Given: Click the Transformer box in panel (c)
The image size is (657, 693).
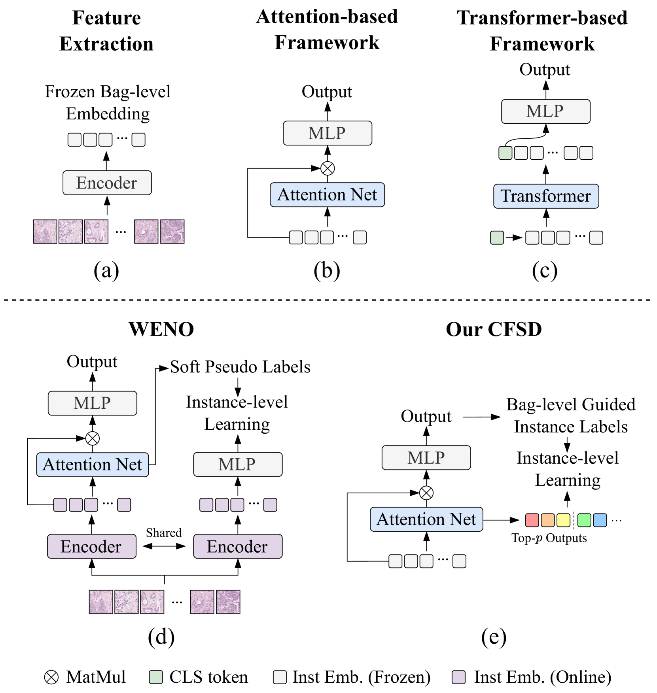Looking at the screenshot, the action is (546, 196).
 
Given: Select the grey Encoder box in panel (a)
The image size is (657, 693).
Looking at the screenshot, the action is (107, 183).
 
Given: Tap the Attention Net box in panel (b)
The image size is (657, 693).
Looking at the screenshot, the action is (327, 194).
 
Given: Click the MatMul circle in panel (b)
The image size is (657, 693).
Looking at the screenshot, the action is (328, 168).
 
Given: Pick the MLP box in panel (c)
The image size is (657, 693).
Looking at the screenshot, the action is (545, 111).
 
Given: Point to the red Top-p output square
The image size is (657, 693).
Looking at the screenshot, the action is (532, 520).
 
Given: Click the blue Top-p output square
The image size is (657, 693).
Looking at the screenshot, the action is (600, 520).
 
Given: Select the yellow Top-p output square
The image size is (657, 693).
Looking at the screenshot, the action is (563, 520).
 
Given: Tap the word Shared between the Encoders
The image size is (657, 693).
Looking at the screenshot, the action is (164, 533).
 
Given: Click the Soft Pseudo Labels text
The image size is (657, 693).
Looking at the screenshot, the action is (240, 367).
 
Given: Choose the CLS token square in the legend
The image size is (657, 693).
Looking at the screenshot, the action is (156, 677).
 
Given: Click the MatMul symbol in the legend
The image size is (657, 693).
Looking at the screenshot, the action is (51, 677).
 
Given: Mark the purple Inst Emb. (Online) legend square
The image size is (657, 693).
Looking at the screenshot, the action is (458, 677).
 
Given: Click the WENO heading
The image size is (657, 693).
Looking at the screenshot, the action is (161, 329).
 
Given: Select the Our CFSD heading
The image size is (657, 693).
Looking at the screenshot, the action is (494, 329).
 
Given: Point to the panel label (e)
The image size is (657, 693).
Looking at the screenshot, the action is (494, 637).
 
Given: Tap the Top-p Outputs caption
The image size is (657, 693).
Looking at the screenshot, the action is (549, 538).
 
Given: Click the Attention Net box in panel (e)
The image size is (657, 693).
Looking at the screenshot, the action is (426, 519).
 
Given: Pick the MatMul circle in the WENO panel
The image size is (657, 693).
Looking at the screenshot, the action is (93, 438).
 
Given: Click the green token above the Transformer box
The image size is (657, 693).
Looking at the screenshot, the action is (505, 153).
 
